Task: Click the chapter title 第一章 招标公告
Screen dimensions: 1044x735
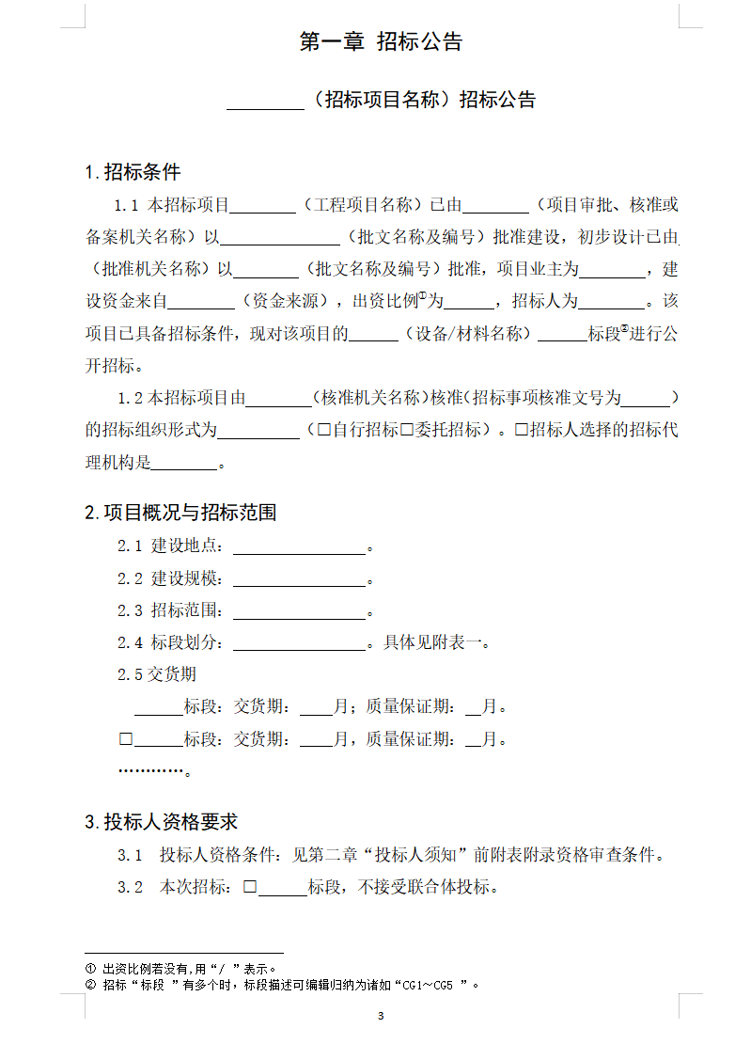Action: [381, 42]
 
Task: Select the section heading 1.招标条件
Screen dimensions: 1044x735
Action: [133, 172]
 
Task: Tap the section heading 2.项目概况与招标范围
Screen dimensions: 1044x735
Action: [180, 513]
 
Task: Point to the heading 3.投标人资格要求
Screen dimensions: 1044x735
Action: [161, 822]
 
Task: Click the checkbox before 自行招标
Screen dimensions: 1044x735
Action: [324, 430]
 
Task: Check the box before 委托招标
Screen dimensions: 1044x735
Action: [407, 430]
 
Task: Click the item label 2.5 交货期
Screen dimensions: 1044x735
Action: [157, 674]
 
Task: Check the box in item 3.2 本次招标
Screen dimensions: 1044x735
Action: [250, 886]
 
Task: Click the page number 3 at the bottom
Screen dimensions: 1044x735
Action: [381, 1016]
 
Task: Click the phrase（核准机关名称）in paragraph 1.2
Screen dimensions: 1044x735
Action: [368, 398]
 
